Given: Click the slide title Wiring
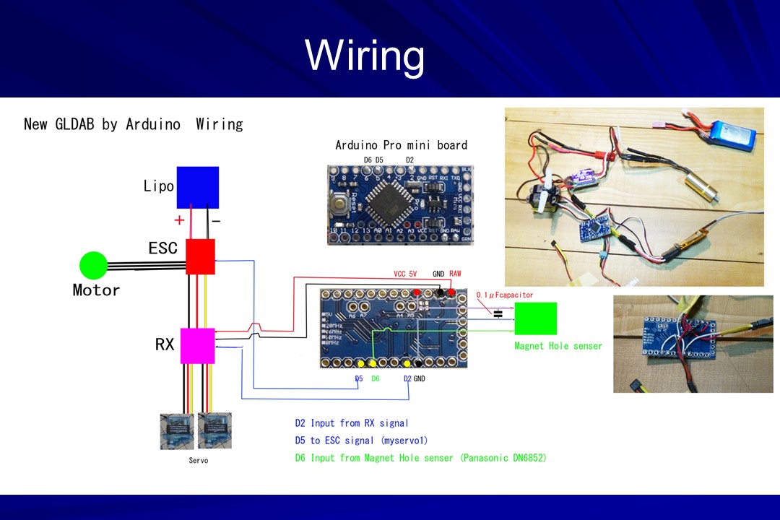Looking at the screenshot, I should click(x=365, y=55).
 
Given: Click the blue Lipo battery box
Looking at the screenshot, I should click(x=197, y=187).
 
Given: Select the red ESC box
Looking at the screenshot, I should click(x=200, y=256).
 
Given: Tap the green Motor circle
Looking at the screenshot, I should click(x=92, y=265).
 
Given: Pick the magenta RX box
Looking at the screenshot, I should click(x=197, y=346).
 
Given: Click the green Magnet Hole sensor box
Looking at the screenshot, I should click(x=535, y=318).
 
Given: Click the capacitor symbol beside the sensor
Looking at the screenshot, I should click(x=498, y=313).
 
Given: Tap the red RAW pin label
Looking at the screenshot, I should click(x=455, y=274).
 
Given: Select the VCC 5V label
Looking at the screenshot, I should click(x=406, y=274).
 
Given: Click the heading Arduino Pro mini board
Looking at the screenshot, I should click(x=401, y=145).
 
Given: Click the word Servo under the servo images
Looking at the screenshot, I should click(x=198, y=460).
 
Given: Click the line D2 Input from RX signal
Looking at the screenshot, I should click(x=352, y=423).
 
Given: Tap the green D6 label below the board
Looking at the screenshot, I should click(x=375, y=378).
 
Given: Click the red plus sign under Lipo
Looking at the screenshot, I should click(x=179, y=220).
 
